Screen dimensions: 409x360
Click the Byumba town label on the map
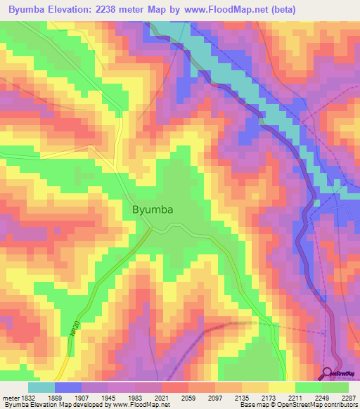tap(153, 209)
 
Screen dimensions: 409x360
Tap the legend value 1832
tap(26, 397)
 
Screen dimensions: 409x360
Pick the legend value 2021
tap(162, 397)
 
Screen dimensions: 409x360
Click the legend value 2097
tap(216, 397)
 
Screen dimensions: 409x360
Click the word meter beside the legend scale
tap(8, 397)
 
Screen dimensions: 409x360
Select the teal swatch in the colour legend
tap(41, 387)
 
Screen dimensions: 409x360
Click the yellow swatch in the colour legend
tap(282, 387)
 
